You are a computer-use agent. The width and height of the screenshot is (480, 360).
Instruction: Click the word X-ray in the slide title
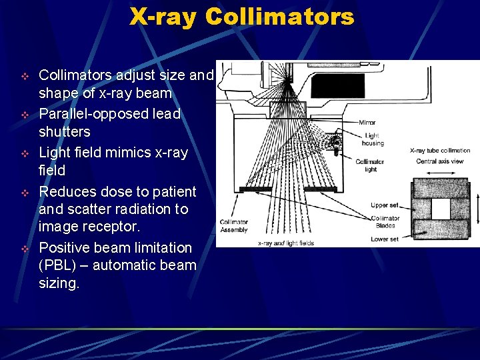pos(163,17)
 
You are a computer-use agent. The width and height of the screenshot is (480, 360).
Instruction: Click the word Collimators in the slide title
pos(280,17)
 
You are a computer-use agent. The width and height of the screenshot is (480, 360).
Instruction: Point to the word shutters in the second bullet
pos(65,131)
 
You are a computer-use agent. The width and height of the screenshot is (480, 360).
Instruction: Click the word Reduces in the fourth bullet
pos(65,192)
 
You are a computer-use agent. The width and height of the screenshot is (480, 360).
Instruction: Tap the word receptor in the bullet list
pos(110,227)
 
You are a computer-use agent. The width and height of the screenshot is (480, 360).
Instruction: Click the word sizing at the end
pos(59,283)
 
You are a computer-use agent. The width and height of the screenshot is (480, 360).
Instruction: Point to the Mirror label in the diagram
pos(367,123)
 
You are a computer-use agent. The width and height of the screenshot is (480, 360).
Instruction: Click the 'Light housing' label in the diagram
pos(373,139)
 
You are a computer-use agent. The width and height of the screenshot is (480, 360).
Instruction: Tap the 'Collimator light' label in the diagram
pos(370,165)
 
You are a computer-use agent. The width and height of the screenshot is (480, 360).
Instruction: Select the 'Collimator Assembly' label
pos(233,226)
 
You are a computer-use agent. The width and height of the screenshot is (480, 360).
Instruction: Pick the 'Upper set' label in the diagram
pos(385,205)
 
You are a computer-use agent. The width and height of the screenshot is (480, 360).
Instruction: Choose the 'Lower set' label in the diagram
pos(385,238)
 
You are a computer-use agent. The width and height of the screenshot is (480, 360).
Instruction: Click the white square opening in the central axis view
pos(441,209)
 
